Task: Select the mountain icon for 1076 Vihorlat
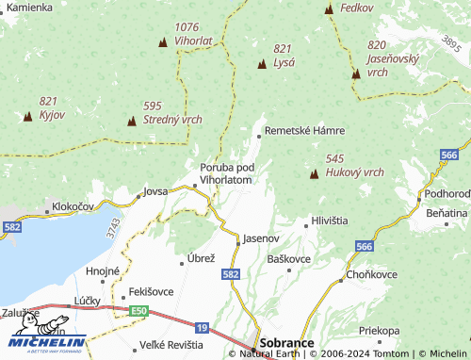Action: click(163, 43)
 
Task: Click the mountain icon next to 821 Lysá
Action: click(262, 64)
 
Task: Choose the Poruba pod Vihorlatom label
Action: click(226, 173)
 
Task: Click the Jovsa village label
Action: click(154, 191)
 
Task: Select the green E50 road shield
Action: click(139, 310)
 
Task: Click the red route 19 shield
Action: click(203, 327)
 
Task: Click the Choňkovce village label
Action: click(372, 274)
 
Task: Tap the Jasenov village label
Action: click(261, 239)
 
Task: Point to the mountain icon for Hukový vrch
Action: click(315, 174)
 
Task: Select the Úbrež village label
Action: click(203, 258)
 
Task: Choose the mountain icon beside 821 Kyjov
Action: click(27, 117)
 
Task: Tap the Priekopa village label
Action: click(380, 331)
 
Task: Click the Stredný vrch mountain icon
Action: click(132, 122)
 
